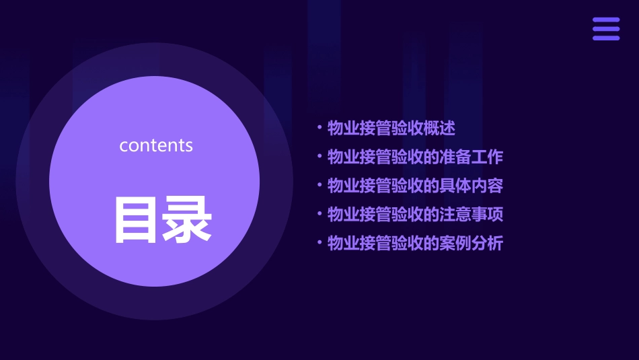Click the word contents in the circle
(156, 145)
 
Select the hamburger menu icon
(606, 29)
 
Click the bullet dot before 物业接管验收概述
(319, 129)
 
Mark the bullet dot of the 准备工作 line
(319, 157)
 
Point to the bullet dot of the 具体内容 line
(319, 186)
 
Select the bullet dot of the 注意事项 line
(319, 215)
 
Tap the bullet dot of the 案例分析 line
(319, 244)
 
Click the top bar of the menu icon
(606, 20)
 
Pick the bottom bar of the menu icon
(606, 38)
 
